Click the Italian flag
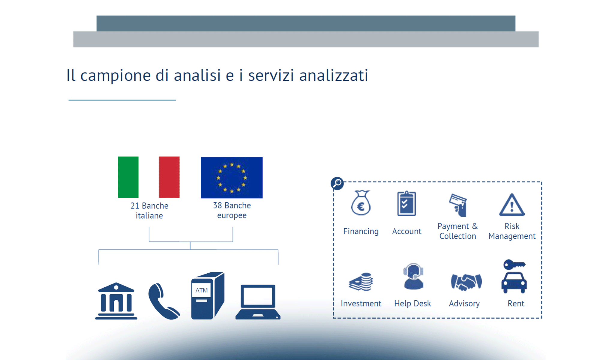149,177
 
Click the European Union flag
232,178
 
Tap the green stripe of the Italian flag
128,177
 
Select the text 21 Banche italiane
149,211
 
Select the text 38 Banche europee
232,210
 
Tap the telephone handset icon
163,301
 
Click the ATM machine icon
207,296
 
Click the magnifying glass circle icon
337,183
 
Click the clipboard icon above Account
406,204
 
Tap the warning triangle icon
512,205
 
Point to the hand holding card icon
458,205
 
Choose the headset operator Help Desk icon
413,276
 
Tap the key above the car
514,265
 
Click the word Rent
516,304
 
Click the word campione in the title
115,75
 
